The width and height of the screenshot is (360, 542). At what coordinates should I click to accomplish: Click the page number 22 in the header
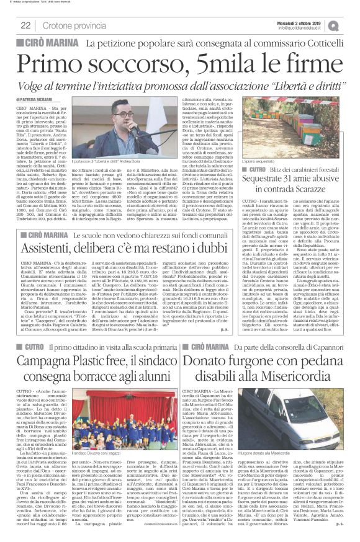pos(25,25)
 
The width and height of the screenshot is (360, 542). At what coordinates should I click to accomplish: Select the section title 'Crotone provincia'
pos(74,25)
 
